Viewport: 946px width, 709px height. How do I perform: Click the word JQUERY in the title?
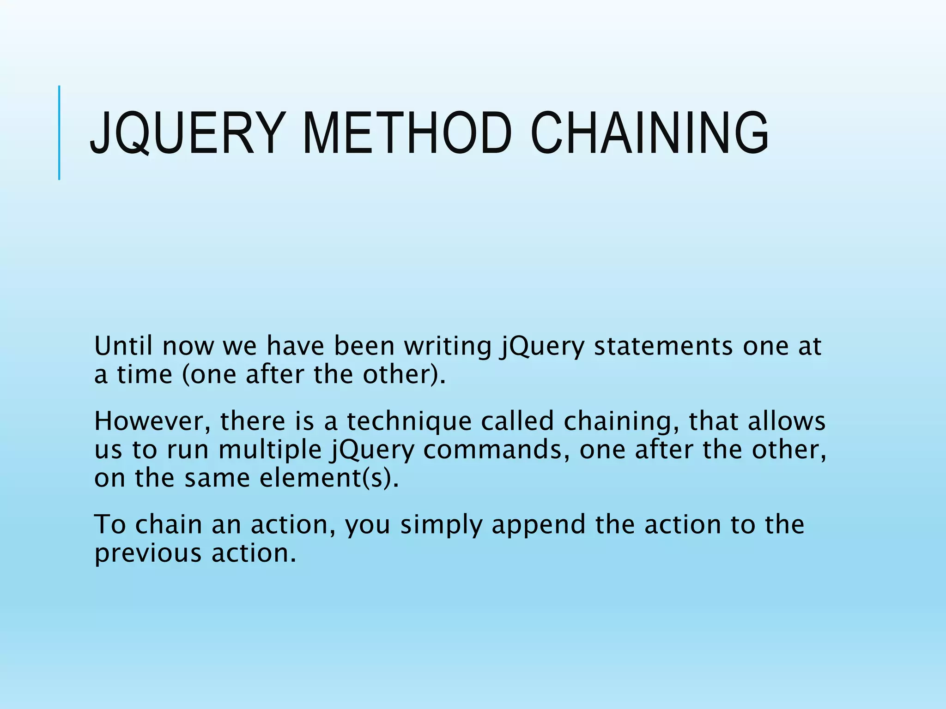pos(185,133)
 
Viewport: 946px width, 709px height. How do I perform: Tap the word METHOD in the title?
pos(407,133)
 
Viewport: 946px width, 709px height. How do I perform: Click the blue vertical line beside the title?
pos(59,132)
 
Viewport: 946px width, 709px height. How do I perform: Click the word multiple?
pos(270,450)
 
